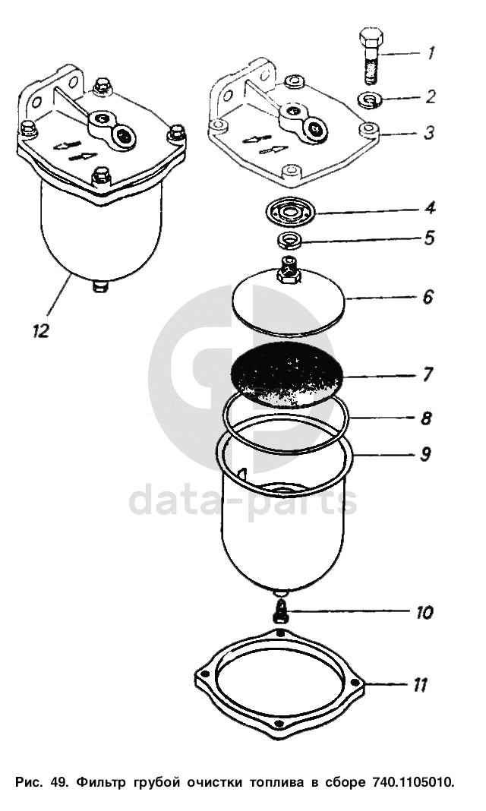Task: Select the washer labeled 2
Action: point(371,99)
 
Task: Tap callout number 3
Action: point(428,132)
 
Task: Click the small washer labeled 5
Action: point(290,240)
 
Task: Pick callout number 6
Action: point(428,297)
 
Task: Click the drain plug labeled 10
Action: point(280,611)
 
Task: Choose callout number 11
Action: point(420,685)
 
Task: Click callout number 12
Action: point(40,330)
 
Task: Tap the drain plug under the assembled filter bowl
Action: point(101,285)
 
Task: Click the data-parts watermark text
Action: point(242,499)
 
